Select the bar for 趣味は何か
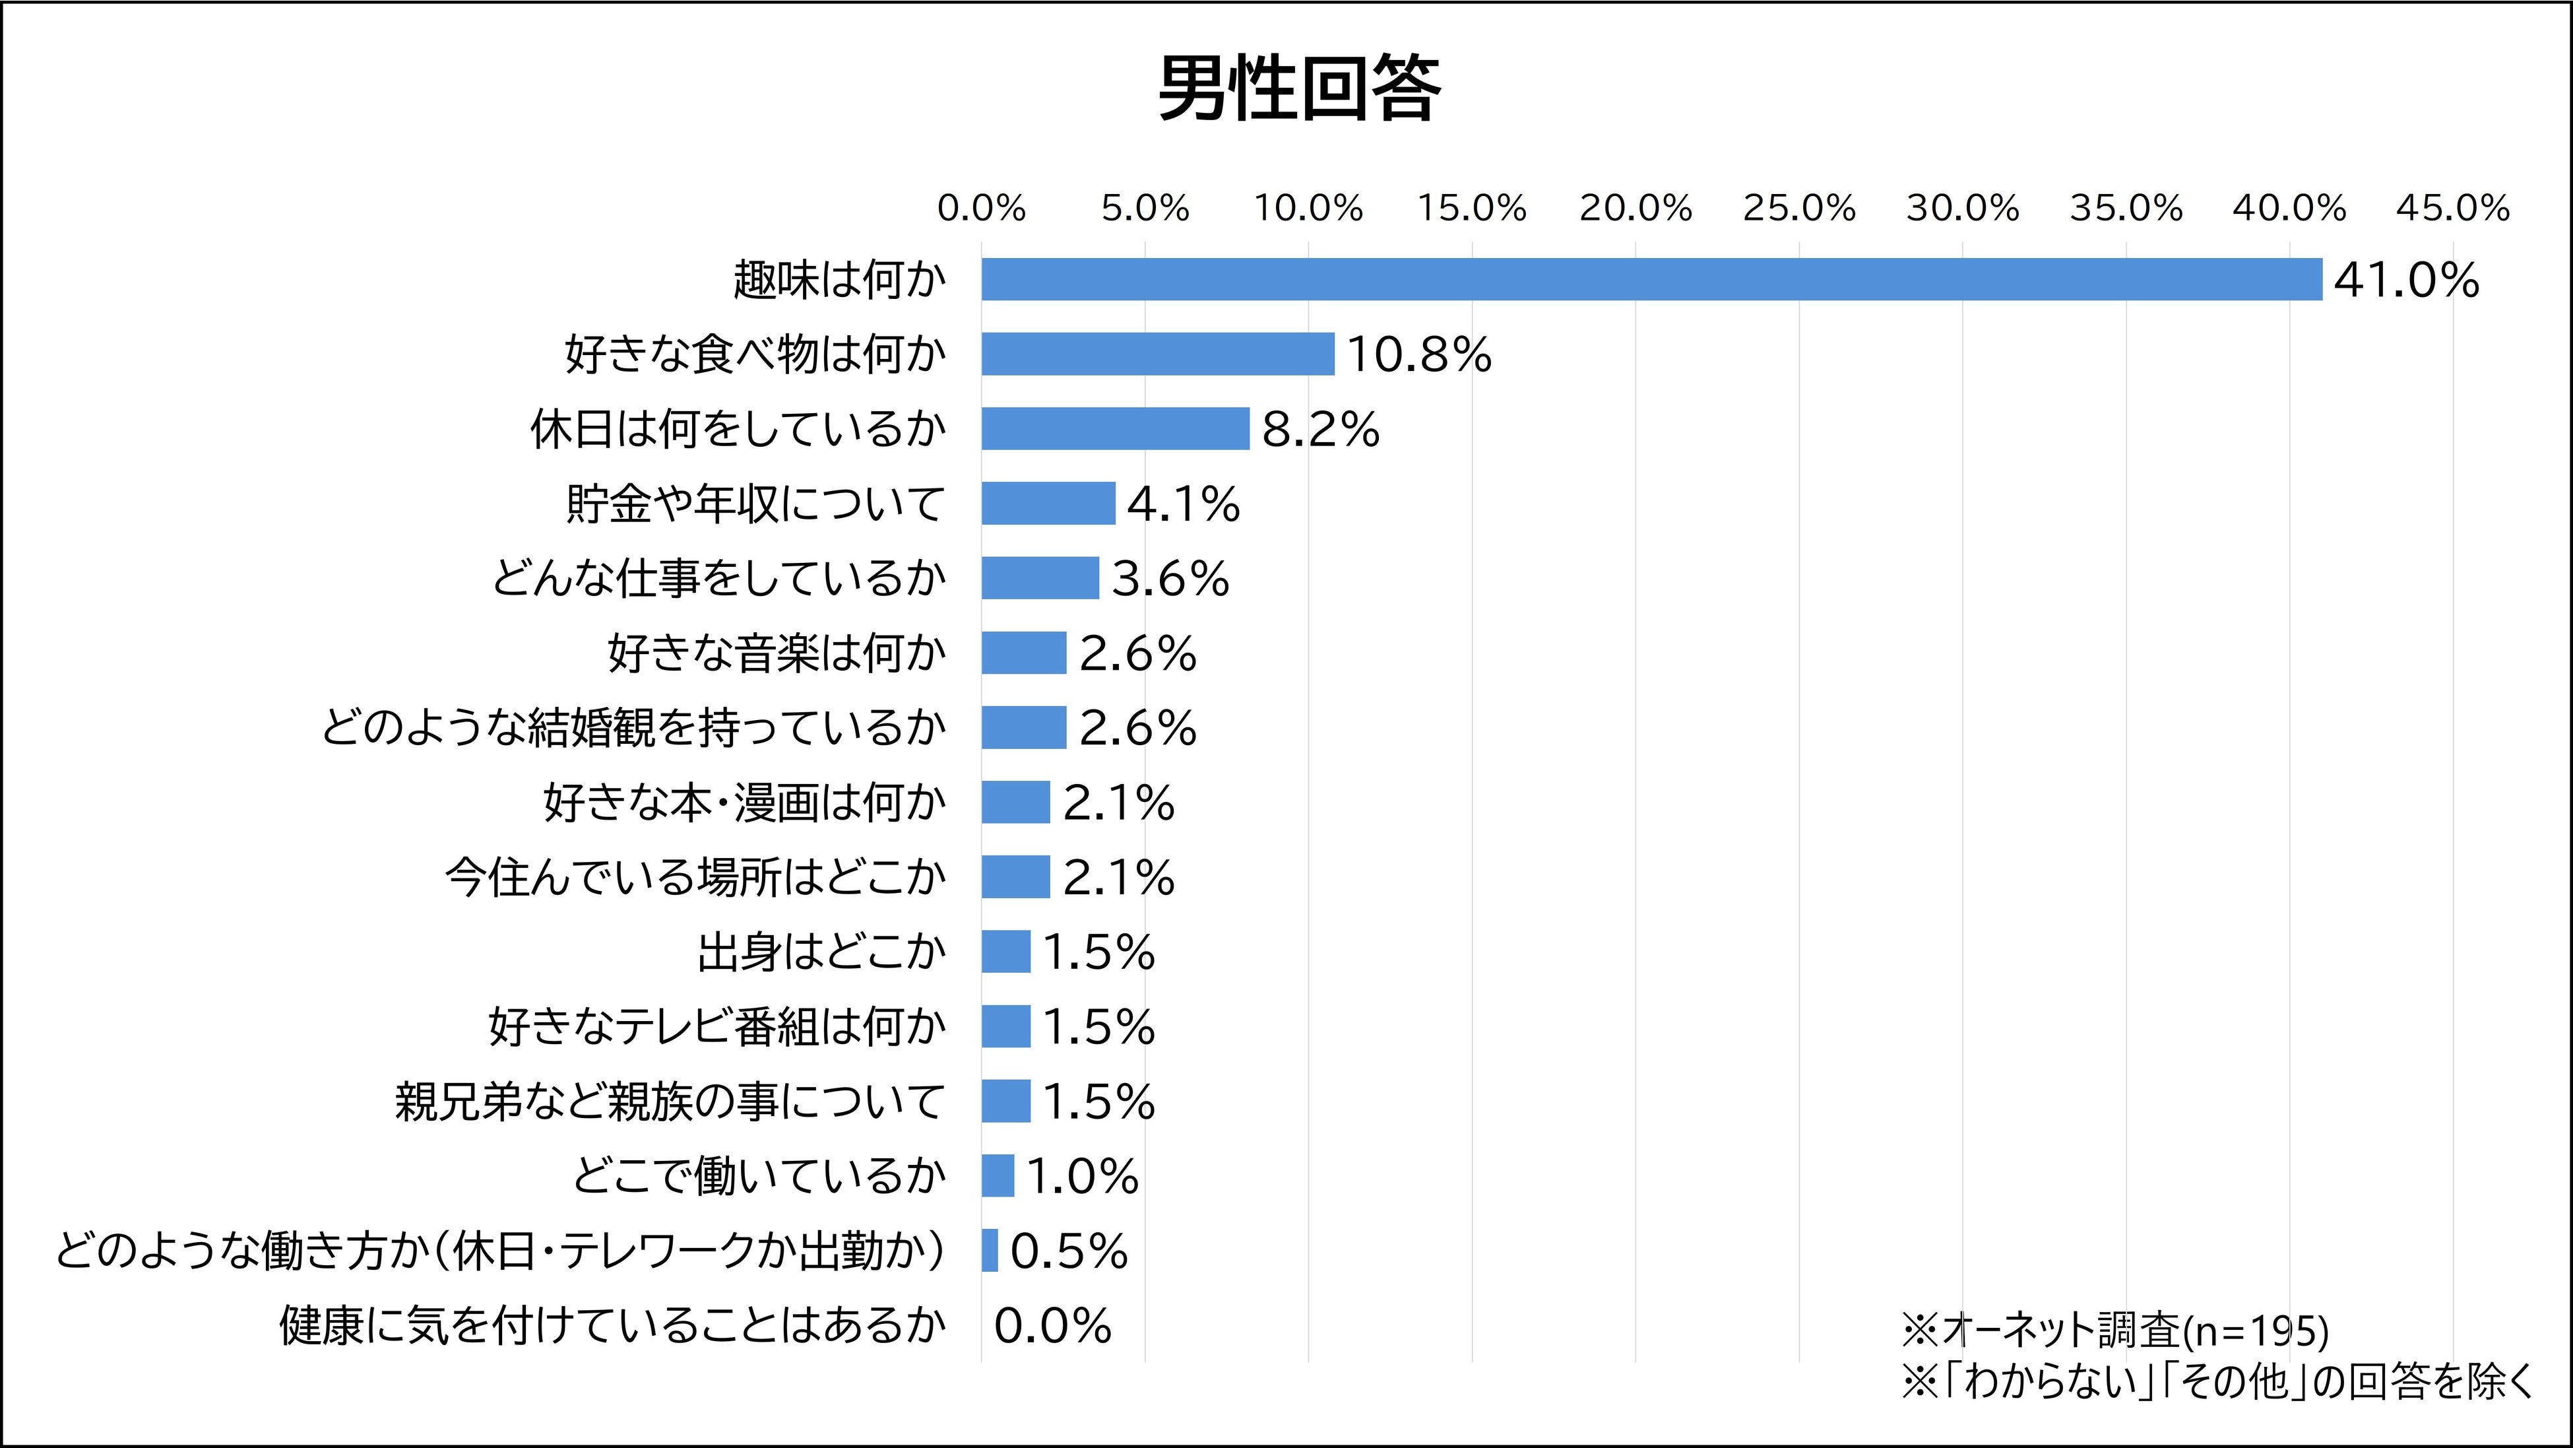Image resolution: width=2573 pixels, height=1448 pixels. point(1651,279)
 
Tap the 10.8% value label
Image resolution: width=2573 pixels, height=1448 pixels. point(1418,355)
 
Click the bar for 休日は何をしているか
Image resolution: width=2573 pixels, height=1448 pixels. point(1115,429)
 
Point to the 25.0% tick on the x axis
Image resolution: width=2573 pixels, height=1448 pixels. point(1799,209)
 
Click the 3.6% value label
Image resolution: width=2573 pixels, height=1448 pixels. point(1170,579)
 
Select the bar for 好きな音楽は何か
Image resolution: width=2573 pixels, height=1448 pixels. point(1024,653)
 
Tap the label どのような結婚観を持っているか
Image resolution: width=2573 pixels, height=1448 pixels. point(633,727)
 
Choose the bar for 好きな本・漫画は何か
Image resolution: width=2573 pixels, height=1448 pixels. point(1015,803)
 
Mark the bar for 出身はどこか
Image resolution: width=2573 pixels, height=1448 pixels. point(1005,951)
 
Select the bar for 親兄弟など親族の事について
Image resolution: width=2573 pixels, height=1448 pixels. point(1005,1102)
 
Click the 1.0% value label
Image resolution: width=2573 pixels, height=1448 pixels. point(1082,1176)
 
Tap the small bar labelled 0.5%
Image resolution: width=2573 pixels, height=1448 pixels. point(990,1250)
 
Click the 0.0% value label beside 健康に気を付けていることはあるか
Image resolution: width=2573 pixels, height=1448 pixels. point(1052,1326)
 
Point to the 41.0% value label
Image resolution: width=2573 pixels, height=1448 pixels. point(2405,280)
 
